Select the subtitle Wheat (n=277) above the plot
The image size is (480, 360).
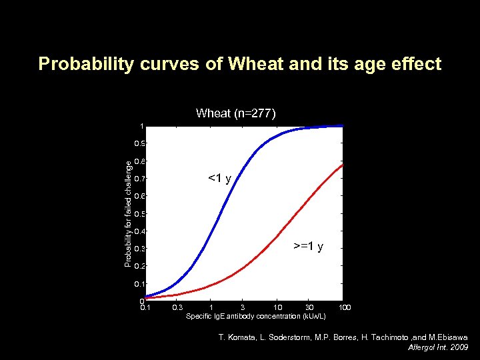click(x=235, y=113)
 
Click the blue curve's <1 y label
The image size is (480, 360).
click(x=220, y=178)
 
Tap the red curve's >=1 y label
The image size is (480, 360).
click(x=309, y=247)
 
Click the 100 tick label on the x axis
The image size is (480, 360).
click(x=345, y=307)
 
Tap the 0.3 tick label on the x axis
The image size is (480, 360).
click(x=177, y=307)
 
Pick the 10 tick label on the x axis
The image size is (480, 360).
click(x=277, y=307)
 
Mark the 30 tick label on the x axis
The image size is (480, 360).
click(x=310, y=307)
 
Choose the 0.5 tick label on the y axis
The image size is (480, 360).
click(x=138, y=214)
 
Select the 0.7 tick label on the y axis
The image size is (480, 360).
click(x=138, y=179)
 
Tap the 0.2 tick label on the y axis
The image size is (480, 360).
click(x=138, y=266)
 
